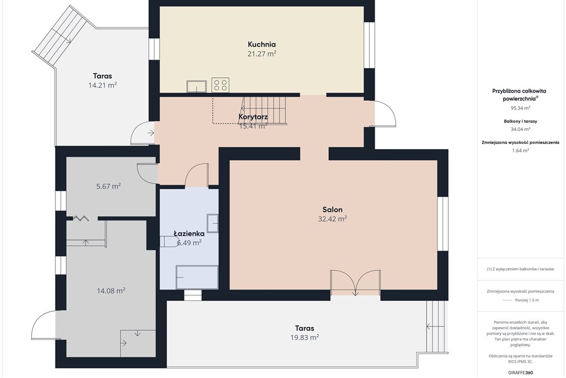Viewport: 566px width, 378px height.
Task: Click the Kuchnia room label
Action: (261, 44)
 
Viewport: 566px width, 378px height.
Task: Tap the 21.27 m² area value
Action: (261, 54)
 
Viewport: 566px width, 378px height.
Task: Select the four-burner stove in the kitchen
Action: (220, 85)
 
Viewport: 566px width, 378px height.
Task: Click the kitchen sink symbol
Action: (196, 87)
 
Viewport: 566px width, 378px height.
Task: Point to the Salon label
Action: (332, 210)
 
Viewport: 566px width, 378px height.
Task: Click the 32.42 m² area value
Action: (332, 219)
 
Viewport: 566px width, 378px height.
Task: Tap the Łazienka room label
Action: (189, 234)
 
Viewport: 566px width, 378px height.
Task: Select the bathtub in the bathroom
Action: (197, 277)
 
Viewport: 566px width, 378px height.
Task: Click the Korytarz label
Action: (253, 117)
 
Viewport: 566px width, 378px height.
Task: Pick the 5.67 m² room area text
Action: (108, 186)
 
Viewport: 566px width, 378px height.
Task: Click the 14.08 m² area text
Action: (111, 291)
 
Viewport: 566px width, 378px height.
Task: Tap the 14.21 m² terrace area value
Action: (102, 85)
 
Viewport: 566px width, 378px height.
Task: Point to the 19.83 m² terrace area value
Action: (305, 338)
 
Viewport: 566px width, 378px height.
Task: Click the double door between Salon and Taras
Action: (355, 283)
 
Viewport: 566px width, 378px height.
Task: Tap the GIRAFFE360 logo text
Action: (521, 372)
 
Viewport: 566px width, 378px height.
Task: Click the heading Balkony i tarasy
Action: (521, 121)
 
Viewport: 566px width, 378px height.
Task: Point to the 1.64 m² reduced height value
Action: (521, 151)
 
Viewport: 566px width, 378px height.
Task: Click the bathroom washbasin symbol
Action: (212, 223)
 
